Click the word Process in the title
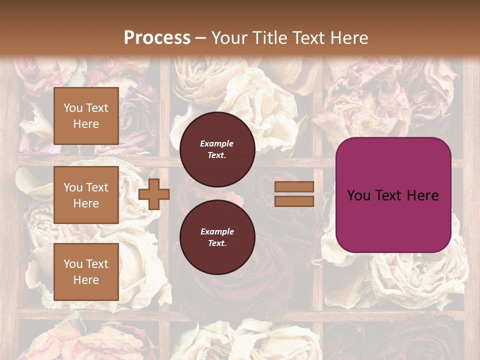157,37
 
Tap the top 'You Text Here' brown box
86,116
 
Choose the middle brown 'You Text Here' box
86,195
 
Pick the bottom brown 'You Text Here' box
86,272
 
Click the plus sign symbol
154,194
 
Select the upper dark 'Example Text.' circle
217,149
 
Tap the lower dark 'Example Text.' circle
217,237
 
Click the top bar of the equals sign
294,187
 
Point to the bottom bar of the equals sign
294,201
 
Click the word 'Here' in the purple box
422,195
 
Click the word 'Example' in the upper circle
217,143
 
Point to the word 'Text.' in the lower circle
217,243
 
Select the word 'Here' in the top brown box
86,124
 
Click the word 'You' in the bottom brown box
73,264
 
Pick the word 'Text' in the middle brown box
97,187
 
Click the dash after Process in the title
200,38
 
